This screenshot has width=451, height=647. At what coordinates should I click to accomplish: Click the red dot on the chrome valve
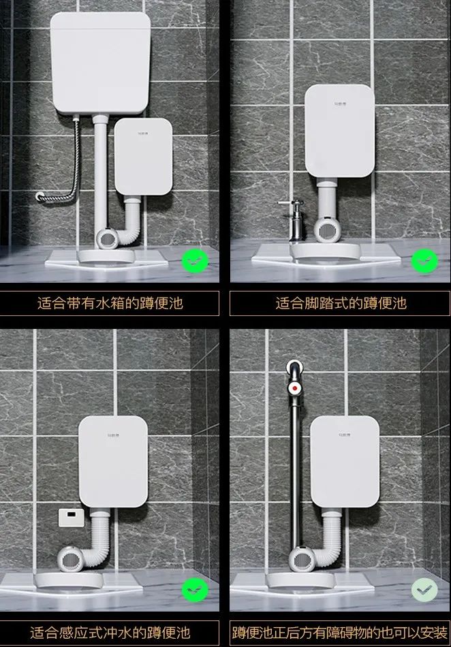[293, 390]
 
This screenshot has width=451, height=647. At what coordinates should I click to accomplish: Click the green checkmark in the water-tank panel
[195, 260]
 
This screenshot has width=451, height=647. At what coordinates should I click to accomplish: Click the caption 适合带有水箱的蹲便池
[110, 303]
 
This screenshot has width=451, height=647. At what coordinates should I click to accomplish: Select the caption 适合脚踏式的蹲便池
[340, 303]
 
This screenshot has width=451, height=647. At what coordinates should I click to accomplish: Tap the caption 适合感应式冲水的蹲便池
[110, 632]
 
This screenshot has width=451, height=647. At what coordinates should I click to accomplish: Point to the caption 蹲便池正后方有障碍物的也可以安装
[340, 632]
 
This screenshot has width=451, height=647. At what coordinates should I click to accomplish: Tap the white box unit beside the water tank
[142, 156]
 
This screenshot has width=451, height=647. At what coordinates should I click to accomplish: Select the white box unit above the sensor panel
[112, 461]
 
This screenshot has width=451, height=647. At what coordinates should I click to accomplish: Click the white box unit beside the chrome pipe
[345, 461]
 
